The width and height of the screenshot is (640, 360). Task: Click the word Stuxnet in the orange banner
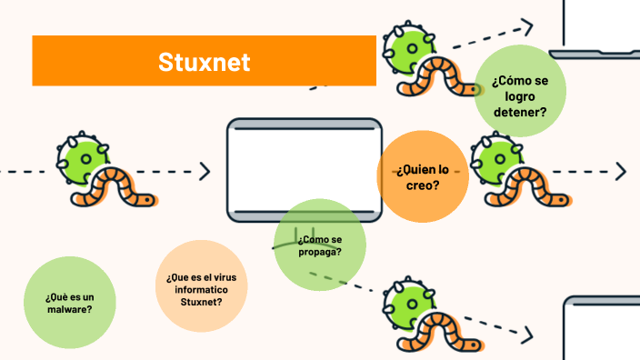coord(204,62)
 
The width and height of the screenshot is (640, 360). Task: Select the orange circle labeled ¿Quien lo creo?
coord(423,176)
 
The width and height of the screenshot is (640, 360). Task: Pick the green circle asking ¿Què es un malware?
coord(69,303)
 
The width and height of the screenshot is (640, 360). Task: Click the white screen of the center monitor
coord(304,168)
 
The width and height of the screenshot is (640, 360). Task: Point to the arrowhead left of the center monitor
coord(204,171)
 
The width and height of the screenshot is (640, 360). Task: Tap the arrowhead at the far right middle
coord(621,171)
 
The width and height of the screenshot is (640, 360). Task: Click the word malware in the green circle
coord(69,309)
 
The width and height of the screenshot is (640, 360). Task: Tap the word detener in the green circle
coord(520,113)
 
